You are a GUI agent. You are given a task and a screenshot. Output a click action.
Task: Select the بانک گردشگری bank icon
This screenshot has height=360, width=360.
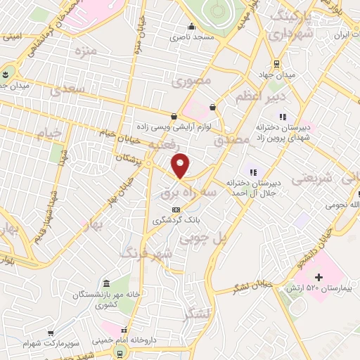pos(176,210)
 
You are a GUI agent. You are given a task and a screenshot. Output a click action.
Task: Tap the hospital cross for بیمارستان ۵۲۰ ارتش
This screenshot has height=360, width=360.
pos(319,278)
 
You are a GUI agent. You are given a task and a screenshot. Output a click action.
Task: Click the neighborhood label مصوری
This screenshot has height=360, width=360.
pos(191,81)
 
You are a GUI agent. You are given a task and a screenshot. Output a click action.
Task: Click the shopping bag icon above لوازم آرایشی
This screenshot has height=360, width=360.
pos(174,116)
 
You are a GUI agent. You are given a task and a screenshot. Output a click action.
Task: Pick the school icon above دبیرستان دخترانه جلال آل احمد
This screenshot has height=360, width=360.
pos(252,171)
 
